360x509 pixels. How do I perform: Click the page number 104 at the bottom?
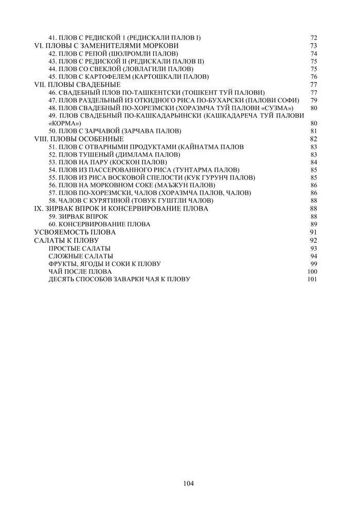point(188,483)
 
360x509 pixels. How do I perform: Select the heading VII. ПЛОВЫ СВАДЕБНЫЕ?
point(77,84)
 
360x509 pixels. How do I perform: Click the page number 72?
point(314,38)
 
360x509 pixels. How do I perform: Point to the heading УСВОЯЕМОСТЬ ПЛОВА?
point(75,232)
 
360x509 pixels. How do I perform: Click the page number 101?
point(312,279)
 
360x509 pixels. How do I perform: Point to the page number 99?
point(314,264)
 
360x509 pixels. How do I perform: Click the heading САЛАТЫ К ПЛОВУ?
point(66,240)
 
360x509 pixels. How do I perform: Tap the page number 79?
point(314,100)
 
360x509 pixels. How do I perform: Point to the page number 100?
point(312,271)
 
